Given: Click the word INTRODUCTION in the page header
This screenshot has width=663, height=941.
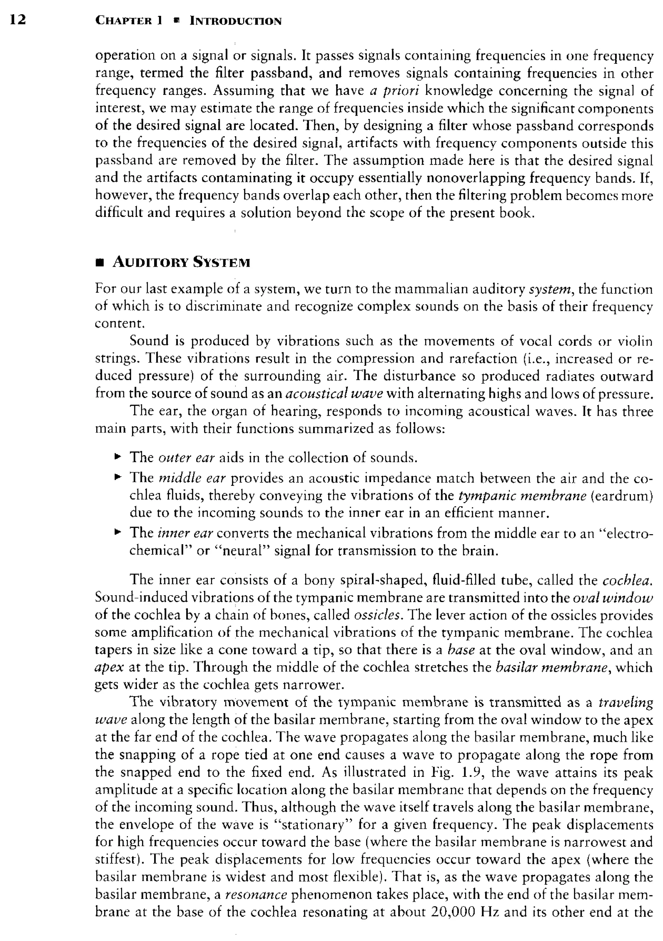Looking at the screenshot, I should click(x=235, y=21).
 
